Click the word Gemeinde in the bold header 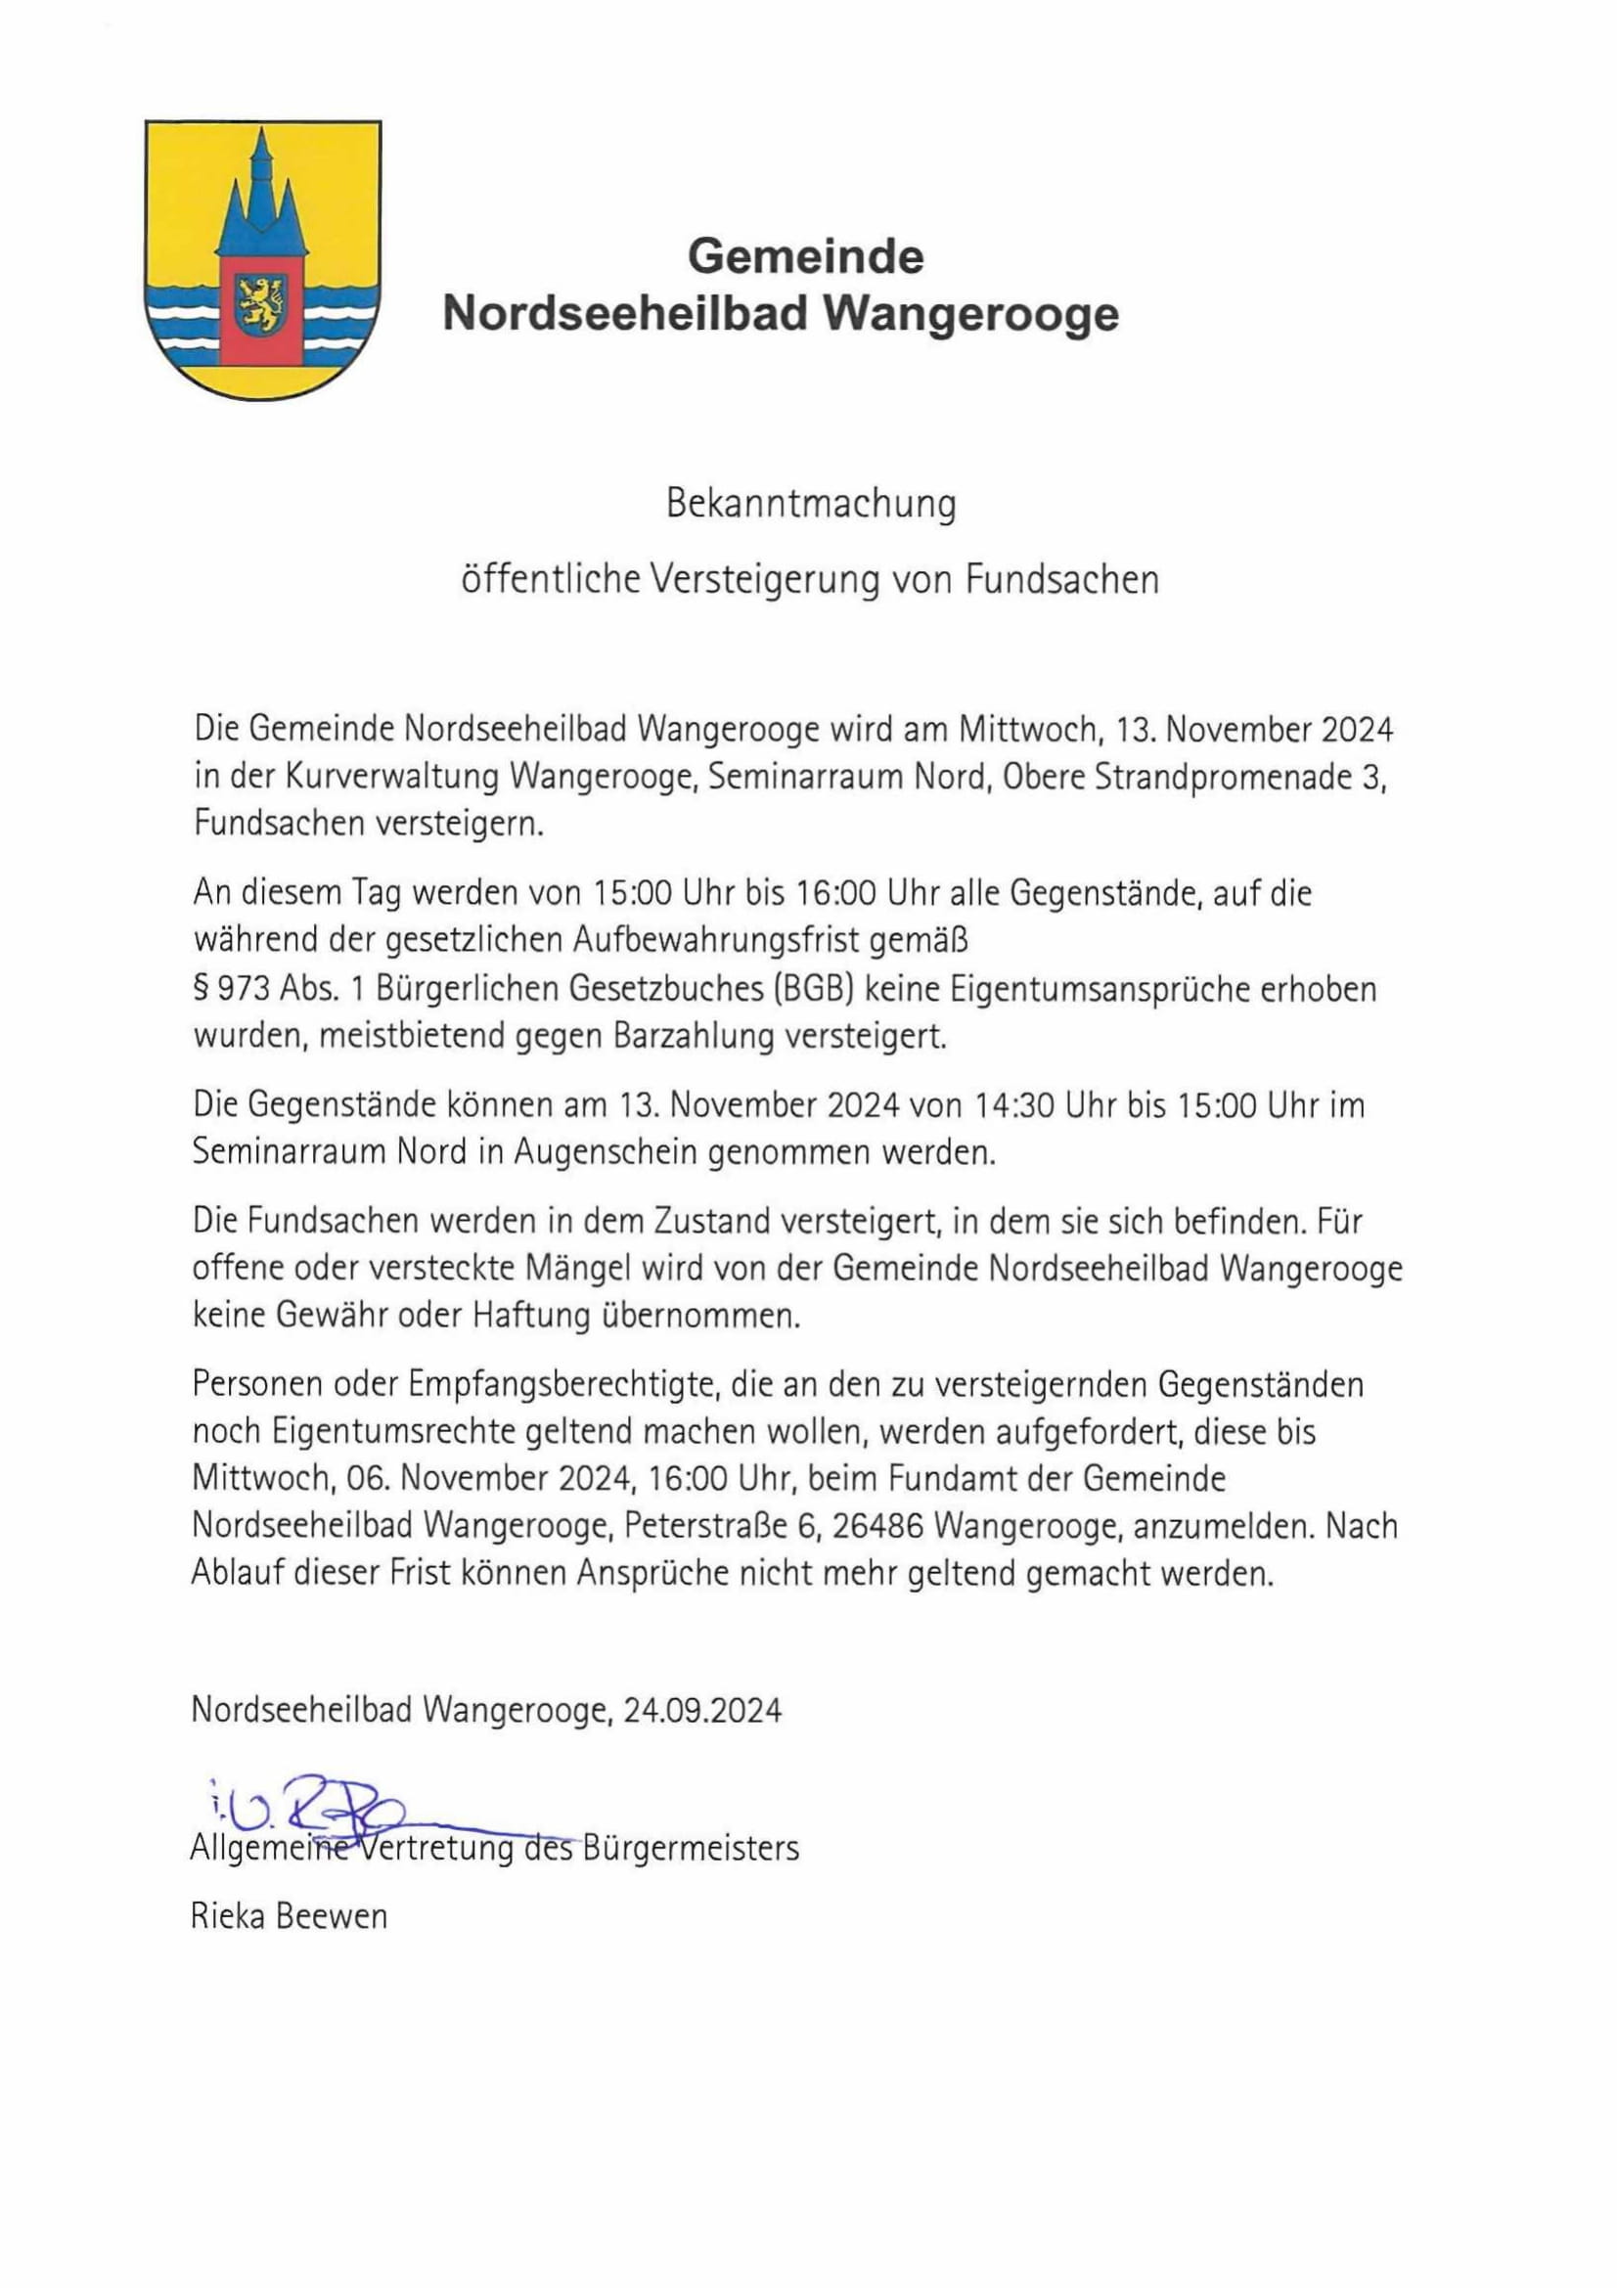[805, 257]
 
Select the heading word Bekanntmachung [810, 504]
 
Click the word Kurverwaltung [390, 778]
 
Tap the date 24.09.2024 [702, 1711]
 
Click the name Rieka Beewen [289, 1916]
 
